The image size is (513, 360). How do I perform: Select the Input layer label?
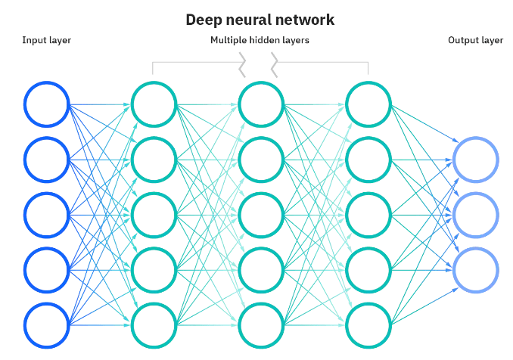click(46, 40)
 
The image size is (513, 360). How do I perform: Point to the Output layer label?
click(475, 40)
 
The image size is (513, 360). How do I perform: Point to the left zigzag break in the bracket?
click(242, 65)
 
